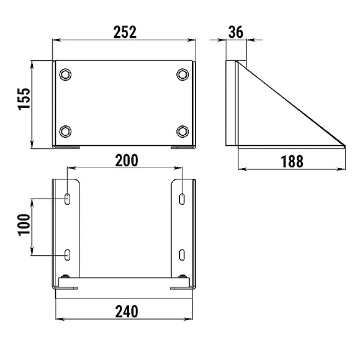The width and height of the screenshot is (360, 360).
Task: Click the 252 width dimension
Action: coord(125,32)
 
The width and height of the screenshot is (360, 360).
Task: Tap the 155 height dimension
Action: coord(24,99)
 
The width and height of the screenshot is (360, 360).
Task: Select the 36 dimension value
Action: coord(236,32)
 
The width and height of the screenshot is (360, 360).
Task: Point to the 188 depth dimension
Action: coord(292,161)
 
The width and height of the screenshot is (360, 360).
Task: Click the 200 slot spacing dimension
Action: coord(127,160)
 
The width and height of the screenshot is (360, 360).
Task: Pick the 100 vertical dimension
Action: coord(24,225)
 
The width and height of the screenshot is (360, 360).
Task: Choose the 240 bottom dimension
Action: coord(127,312)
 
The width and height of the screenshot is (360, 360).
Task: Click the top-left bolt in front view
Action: coord(65,74)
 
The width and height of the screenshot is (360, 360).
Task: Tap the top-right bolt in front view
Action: coord(182,74)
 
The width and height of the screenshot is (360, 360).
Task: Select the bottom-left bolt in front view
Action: coord(65,132)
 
